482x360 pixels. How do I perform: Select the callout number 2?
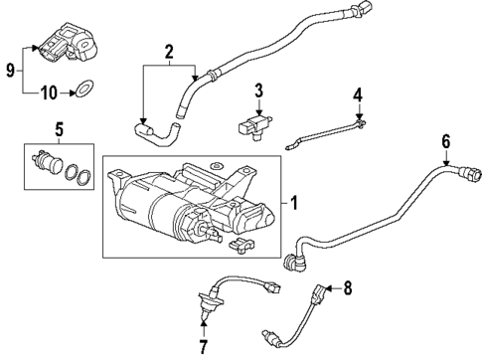169,51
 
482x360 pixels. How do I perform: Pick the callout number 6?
446,141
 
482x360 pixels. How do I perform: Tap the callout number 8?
347,290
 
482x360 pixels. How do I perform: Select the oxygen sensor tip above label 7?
205,318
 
